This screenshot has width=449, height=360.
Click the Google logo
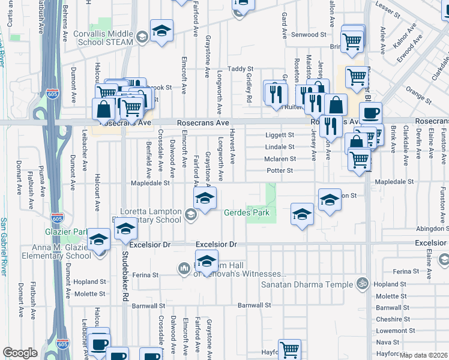click(20, 353)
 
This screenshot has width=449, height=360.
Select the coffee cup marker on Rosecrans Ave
click(370, 113)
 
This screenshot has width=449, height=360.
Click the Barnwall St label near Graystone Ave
click(255, 305)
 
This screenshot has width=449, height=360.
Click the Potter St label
click(280, 170)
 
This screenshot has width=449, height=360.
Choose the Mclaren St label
click(280, 159)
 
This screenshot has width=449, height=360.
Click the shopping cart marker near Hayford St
click(289, 349)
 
